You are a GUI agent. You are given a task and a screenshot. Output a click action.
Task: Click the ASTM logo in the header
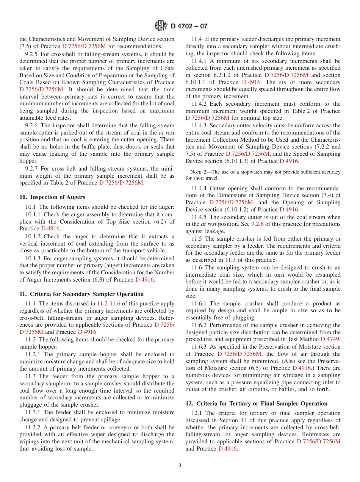point(160,26)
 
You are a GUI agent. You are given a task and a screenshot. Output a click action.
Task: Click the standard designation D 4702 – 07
point(189,26)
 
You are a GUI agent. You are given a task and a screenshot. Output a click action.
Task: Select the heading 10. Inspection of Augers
point(52,197)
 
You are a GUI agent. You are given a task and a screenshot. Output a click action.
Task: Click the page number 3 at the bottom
point(180,466)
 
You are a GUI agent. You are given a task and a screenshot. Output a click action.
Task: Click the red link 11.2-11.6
point(108,304)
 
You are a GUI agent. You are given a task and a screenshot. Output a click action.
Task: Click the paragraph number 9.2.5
point(33,54)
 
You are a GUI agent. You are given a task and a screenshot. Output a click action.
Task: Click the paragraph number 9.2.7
point(33,168)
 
